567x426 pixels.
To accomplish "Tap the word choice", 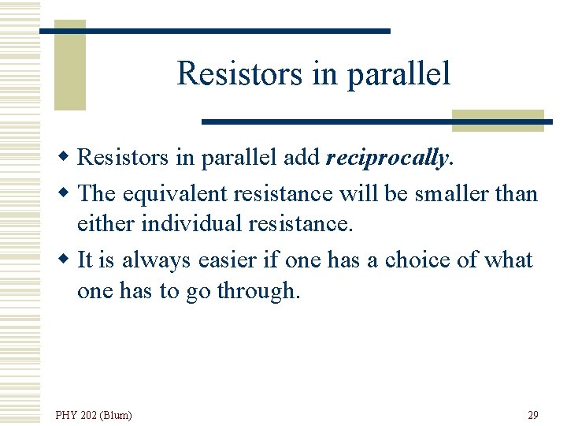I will tap(418, 260).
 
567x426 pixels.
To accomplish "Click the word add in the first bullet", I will tap(301, 158).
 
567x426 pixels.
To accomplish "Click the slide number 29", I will tap(532, 414).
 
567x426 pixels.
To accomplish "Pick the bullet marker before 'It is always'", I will tap(69, 260).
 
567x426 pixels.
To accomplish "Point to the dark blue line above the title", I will tap(215, 31).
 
